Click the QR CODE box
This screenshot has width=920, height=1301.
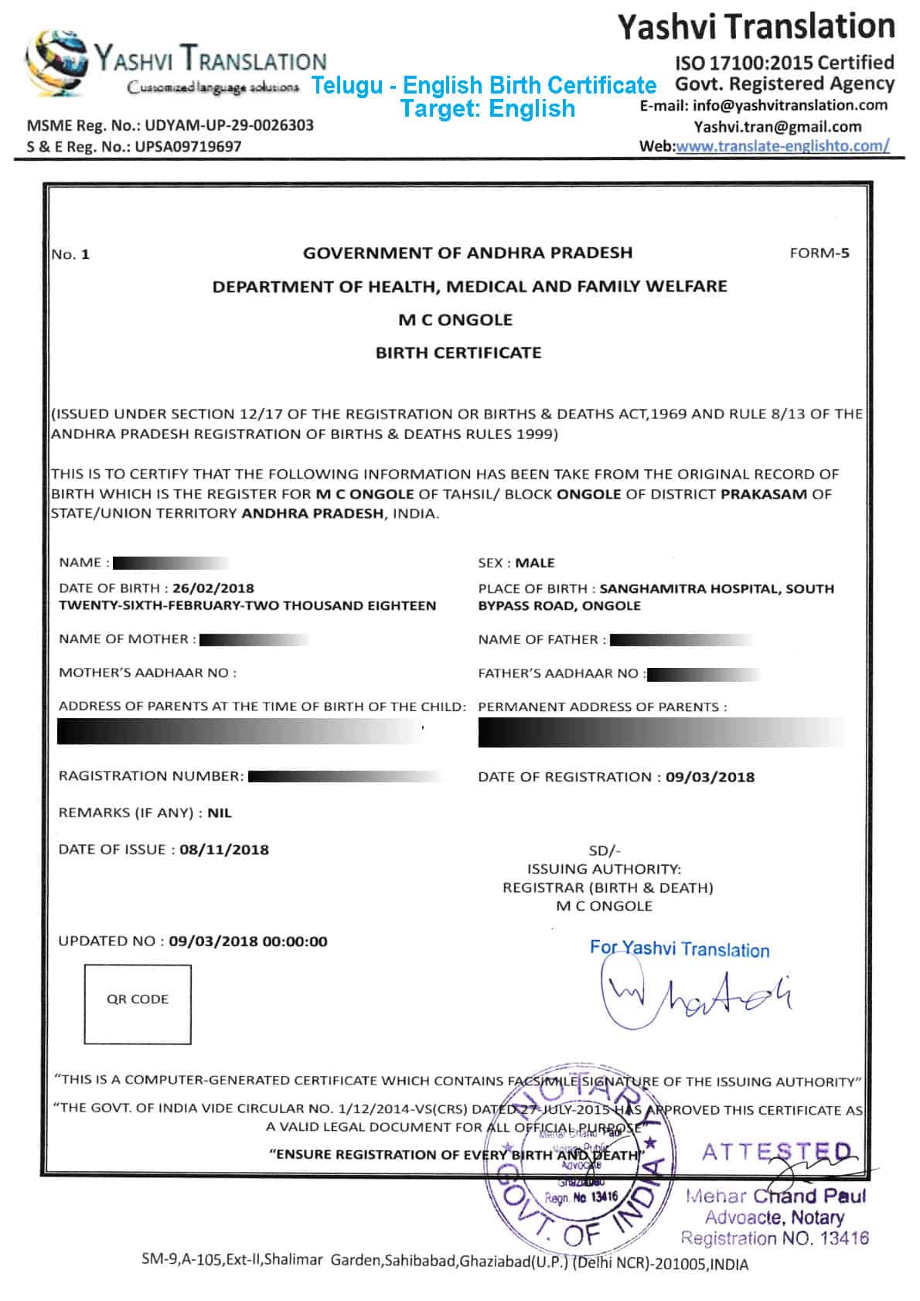coord(138,1003)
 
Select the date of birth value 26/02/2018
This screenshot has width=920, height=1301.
coord(213,588)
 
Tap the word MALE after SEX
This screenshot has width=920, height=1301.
coord(535,563)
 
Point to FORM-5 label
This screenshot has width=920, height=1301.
coord(819,253)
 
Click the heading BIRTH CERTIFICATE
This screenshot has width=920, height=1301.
coord(458,353)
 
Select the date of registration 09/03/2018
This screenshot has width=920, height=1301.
coord(710,777)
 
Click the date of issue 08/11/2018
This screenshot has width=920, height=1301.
coord(224,850)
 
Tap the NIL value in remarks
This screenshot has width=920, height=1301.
coord(220,813)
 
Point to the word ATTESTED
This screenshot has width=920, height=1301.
coord(777,1153)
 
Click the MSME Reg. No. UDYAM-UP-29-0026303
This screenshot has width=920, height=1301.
coord(170,125)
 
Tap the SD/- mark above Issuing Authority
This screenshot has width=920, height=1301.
coord(605,850)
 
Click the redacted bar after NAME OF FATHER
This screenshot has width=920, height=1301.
coord(680,640)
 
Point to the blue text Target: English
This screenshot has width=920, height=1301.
coord(488,108)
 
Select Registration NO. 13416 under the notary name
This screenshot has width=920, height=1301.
coord(775,1238)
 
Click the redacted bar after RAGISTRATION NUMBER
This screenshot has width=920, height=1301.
coord(344,776)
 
